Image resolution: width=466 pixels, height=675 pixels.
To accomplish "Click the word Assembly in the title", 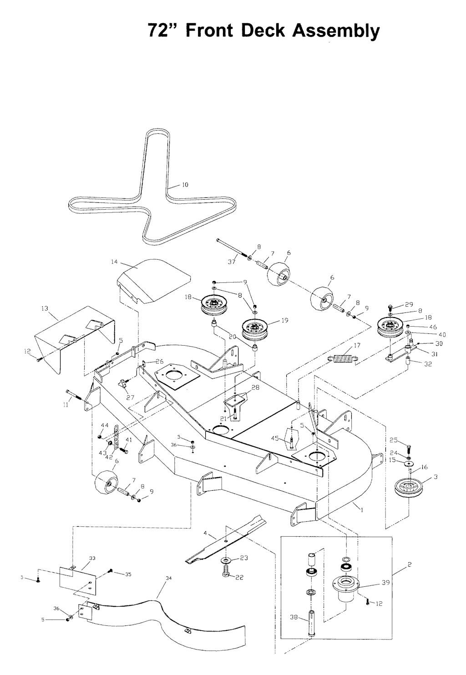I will click(335, 31).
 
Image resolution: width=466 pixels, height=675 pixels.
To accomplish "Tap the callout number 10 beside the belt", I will click(185, 185).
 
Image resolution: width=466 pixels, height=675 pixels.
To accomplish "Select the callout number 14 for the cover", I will click(114, 262).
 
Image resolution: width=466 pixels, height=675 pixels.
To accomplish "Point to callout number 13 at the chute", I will click(45, 308).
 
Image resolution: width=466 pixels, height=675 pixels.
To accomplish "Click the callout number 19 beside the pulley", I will click(285, 320).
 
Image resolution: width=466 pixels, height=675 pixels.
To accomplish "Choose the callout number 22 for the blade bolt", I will click(239, 577).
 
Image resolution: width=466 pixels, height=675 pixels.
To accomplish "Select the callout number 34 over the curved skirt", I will click(169, 578).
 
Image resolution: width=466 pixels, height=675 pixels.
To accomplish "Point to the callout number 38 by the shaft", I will click(294, 617).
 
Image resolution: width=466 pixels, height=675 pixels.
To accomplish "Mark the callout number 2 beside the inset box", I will click(410, 564).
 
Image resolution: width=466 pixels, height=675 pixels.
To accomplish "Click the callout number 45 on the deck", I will click(274, 438).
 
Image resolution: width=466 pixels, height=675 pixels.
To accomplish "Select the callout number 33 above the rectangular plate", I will click(92, 558).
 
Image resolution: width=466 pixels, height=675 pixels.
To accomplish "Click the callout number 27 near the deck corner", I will click(131, 397).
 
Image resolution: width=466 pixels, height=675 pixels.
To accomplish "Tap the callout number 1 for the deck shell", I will click(362, 510).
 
